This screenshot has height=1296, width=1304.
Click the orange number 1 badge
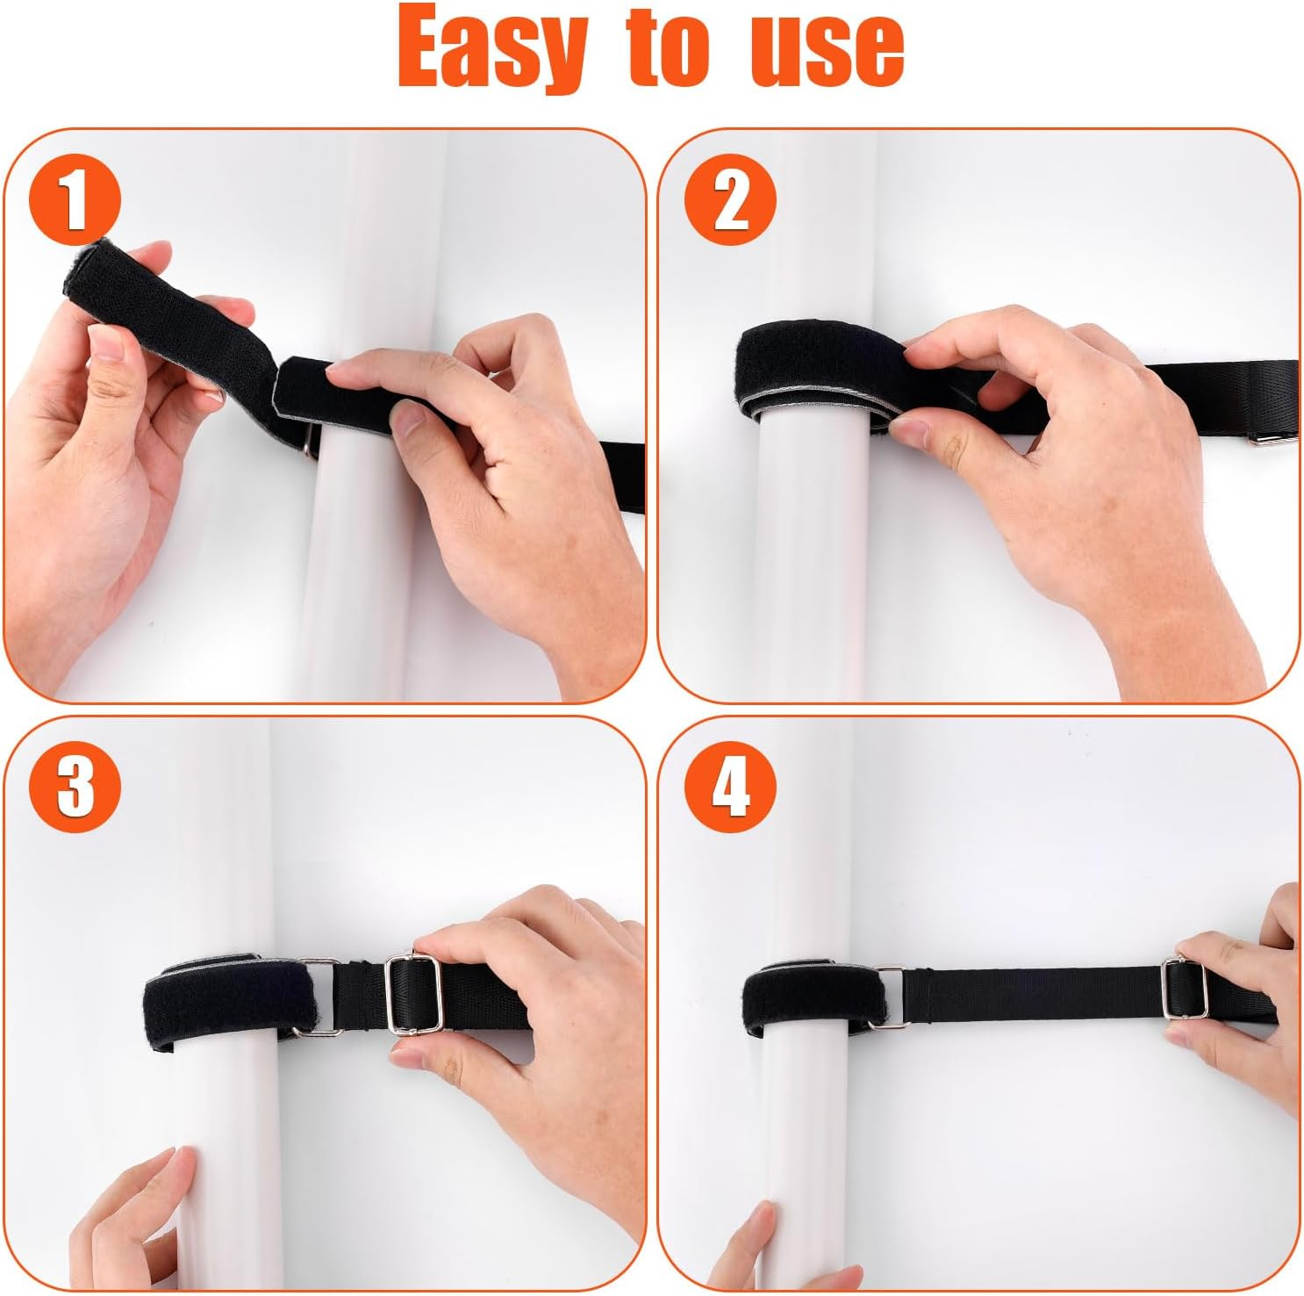(75, 200)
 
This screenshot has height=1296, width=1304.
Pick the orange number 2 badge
(730, 201)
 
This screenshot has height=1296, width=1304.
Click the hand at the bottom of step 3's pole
(132, 1220)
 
